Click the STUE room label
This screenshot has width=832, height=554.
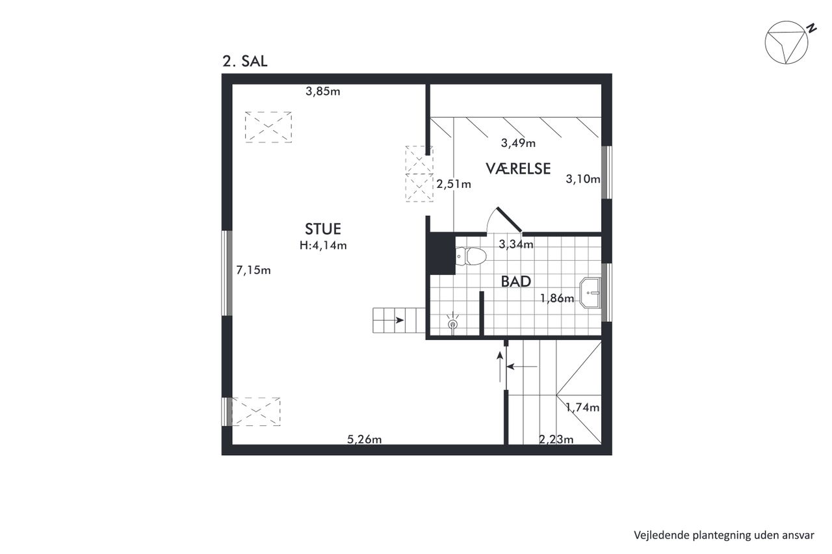pyautogui.click(x=323, y=229)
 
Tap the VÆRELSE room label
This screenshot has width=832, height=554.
pyautogui.click(x=518, y=168)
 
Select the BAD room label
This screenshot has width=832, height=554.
pyautogui.click(x=516, y=282)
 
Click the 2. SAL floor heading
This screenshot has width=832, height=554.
pyautogui.click(x=245, y=61)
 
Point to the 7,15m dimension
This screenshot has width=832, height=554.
pyautogui.click(x=253, y=270)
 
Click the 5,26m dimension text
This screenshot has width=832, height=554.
pyautogui.click(x=365, y=440)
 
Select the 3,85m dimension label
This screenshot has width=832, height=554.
pyautogui.click(x=323, y=92)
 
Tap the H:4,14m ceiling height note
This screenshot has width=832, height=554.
pyautogui.click(x=323, y=245)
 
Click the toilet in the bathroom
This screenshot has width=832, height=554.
pyautogui.click(x=471, y=256)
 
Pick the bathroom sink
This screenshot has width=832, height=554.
pyautogui.click(x=590, y=293)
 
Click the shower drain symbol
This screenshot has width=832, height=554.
pyautogui.click(x=453, y=324)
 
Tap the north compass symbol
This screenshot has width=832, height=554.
pyautogui.click(x=786, y=42)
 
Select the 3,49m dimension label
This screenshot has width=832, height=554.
pyautogui.click(x=518, y=143)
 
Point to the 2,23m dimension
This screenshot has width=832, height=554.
pyautogui.click(x=556, y=440)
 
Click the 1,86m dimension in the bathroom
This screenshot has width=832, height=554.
pyautogui.click(x=557, y=298)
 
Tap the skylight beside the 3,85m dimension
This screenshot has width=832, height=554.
pyautogui.click(x=268, y=127)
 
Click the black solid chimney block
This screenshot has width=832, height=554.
pyautogui.click(x=442, y=254)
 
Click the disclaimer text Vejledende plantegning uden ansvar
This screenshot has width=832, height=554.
pyautogui.click(x=724, y=535)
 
